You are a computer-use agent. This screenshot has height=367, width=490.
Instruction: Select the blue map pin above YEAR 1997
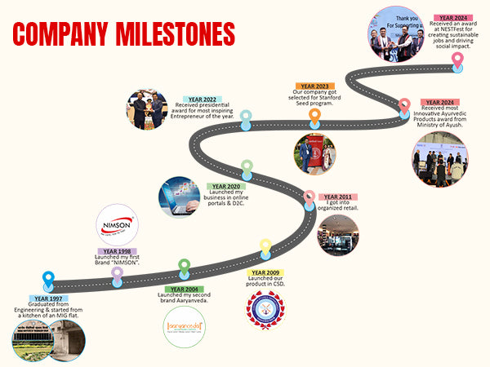click(x=48, y=279)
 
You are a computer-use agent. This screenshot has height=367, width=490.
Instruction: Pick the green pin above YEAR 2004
click(x=185, y=267)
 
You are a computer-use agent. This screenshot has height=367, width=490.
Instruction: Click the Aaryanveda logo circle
click(x=185, y=326)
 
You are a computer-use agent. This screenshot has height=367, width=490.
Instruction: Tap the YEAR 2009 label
click(x=265, y=272)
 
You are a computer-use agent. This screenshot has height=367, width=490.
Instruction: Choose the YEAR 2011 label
click(x=338, y=197)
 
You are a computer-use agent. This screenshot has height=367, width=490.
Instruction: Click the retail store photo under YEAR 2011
click(x=338, y=236)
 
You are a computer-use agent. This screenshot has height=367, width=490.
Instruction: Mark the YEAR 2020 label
click(x=227, y=186)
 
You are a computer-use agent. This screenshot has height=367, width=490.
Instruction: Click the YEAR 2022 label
click(x=205, y=99)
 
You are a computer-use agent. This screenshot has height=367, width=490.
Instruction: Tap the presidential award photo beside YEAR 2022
click(x=147, y=110)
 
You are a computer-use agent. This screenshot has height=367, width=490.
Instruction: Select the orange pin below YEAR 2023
click(x=314, y=117)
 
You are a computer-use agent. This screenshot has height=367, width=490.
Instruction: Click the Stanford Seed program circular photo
click(x=314, y=154)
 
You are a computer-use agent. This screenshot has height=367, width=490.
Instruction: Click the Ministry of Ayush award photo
click(x=439, y=161)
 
